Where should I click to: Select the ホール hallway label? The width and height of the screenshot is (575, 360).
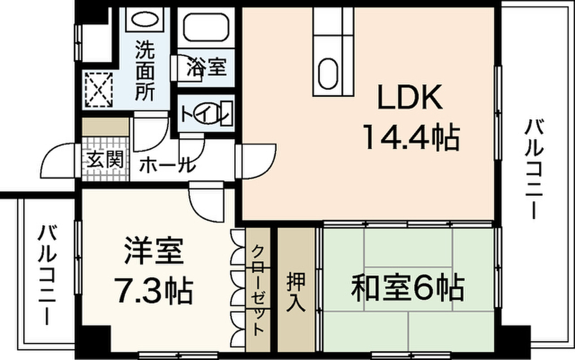[x=167, y=165]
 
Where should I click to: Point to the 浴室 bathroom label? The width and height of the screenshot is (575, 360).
[x=206, y=67]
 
